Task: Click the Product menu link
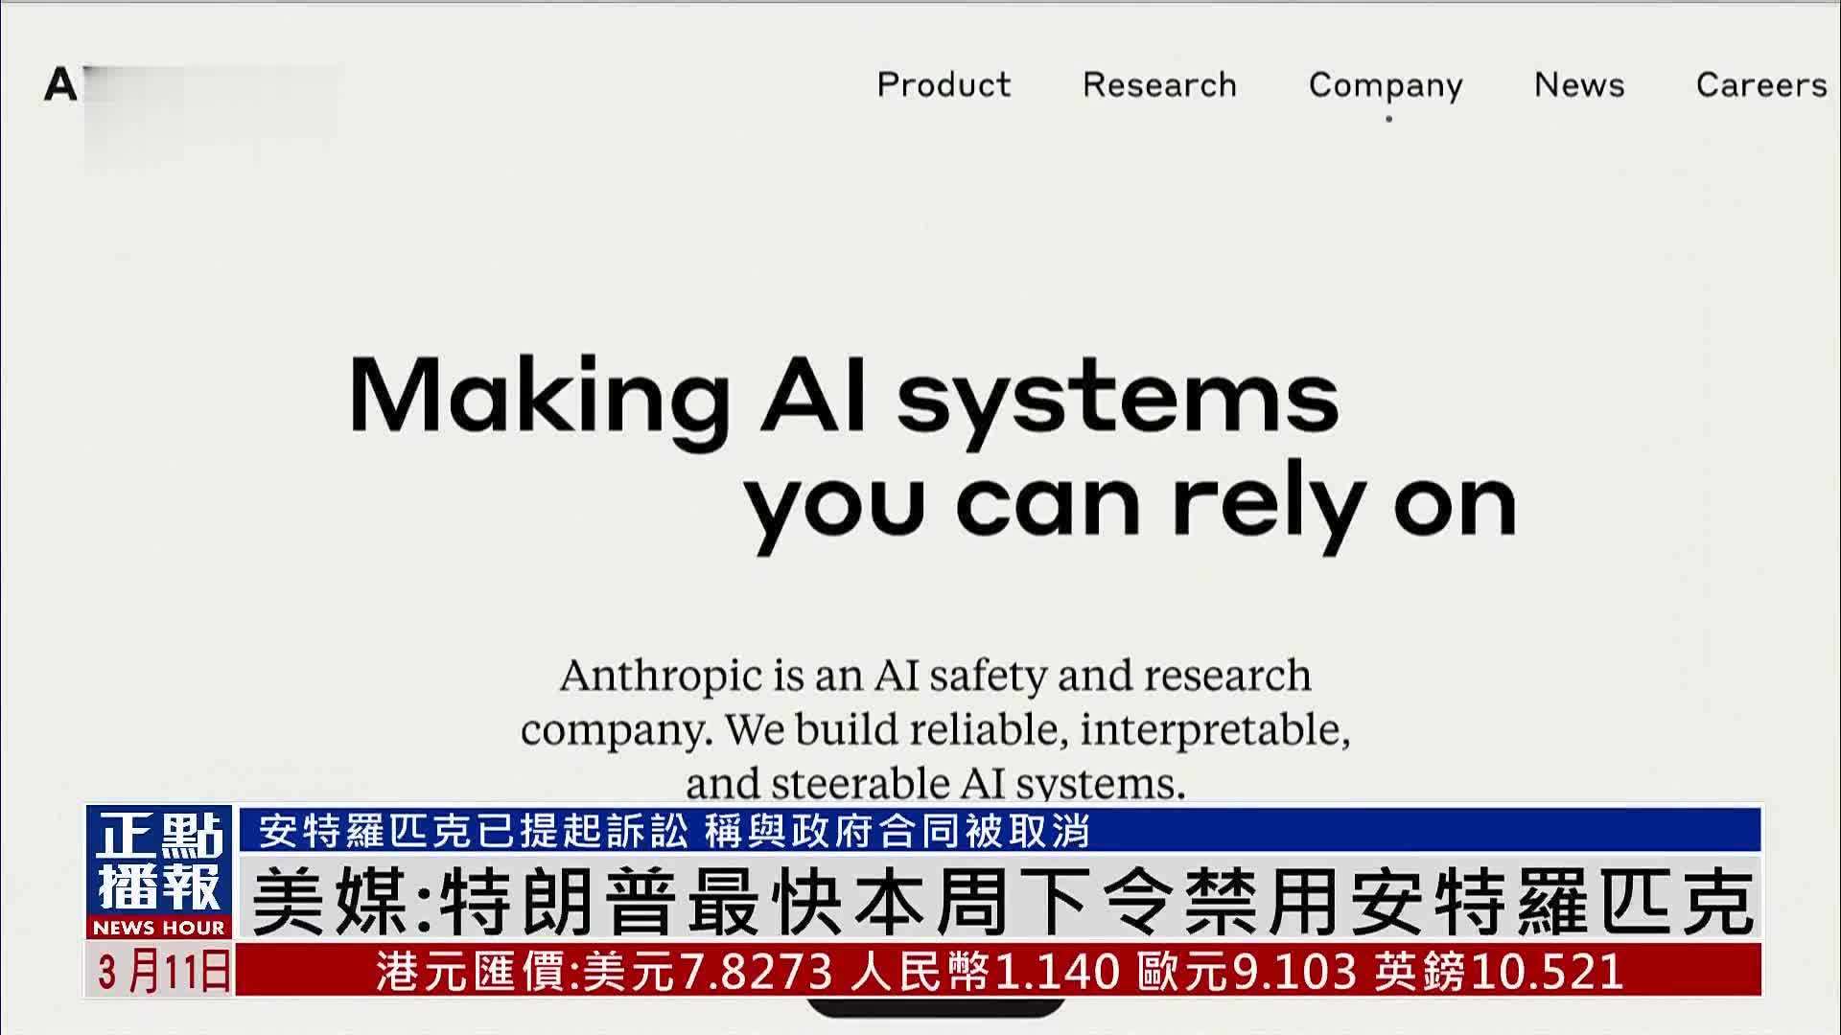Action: click(x=944, y=85)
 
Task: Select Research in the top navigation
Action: click(x=1159, y=85)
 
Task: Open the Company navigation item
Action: click(x=1386, y=85)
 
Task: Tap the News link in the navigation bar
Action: click(x=1579, y=85)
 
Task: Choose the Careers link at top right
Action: click(x=1761, y=85)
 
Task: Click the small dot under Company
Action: click(x=1388, y=119)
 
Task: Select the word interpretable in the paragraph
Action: click(x=1215, y=730)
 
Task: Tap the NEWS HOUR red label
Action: click(x=159, y=928)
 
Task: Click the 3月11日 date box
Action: click(x=161, y=971)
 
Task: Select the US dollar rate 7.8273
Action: click(x=757, y=971)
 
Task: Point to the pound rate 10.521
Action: click(x=1546, y=971)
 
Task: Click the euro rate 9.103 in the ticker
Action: click(x=1293, y=971)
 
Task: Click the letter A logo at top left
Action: click(x=59, y=85)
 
